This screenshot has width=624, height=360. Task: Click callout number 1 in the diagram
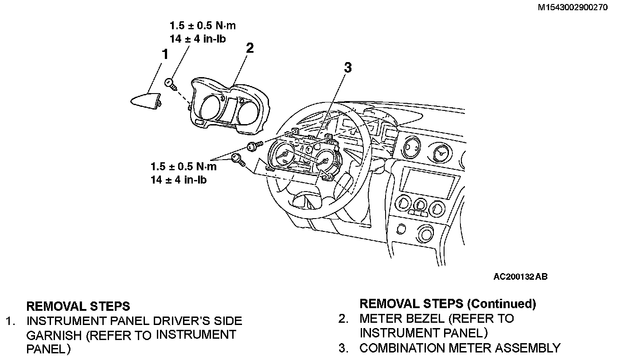165,55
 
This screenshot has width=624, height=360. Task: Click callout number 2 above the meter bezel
250,48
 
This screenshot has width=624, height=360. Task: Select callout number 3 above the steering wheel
348,68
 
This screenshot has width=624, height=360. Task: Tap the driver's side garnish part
145,100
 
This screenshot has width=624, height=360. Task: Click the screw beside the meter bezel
170,83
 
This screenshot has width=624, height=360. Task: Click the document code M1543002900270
573,8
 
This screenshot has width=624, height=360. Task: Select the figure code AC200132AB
520,277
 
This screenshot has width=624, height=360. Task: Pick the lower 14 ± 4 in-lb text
178,180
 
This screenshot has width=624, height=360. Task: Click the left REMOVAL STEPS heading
78,306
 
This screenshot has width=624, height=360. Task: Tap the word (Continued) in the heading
502,304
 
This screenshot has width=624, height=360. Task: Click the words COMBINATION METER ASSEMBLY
460,348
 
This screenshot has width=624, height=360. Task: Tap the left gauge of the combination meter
282,156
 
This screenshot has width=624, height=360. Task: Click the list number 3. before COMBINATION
343,348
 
